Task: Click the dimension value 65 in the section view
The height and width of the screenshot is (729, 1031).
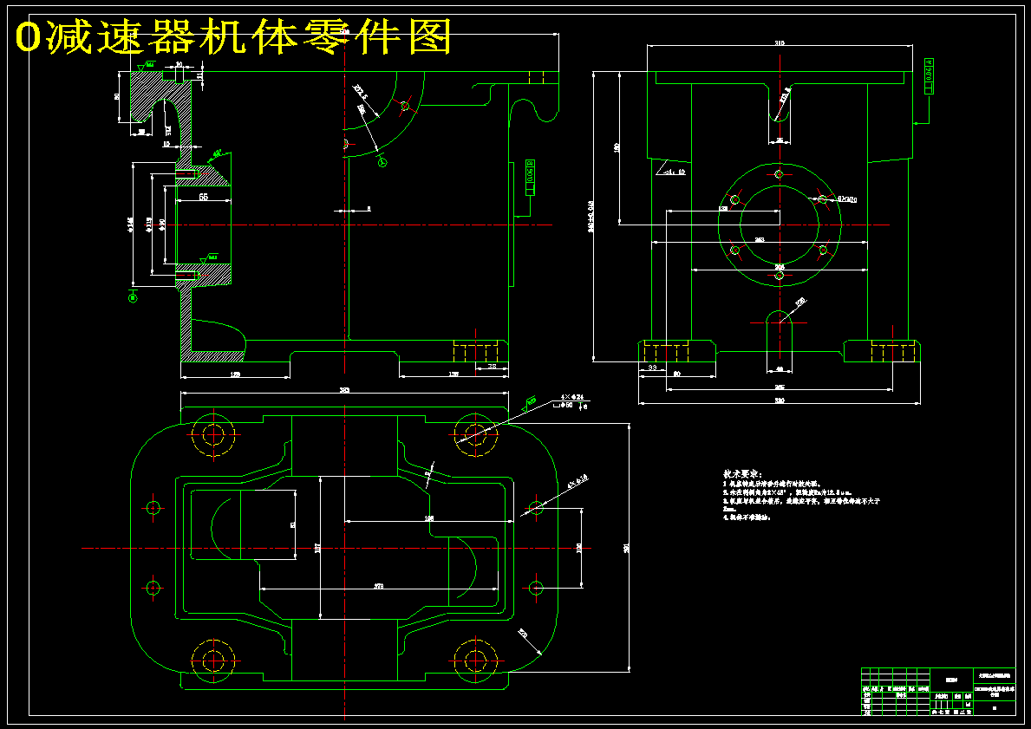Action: click(203, 198)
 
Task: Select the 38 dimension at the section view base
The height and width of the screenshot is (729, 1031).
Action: click(493, 368)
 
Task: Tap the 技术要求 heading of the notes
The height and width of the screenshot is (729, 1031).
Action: click(741, 474)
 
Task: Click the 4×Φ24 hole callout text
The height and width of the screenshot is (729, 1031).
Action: click(573, 398)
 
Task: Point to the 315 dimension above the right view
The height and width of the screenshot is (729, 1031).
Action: click(779, 42)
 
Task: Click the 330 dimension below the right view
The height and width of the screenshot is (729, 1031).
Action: click(779, 400)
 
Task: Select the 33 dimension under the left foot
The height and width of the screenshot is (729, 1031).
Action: click(652, 368)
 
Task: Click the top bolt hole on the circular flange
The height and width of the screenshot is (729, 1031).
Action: click(779, 175)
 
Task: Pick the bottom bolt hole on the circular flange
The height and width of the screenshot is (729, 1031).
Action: click(779, 276)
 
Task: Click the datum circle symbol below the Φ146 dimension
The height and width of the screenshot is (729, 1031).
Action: click(133, 297)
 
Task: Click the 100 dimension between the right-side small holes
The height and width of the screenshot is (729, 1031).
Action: click(578, 548)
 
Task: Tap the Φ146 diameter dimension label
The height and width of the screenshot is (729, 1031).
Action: click(131, 224)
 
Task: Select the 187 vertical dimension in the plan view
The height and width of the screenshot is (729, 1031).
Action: click(317, 548)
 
